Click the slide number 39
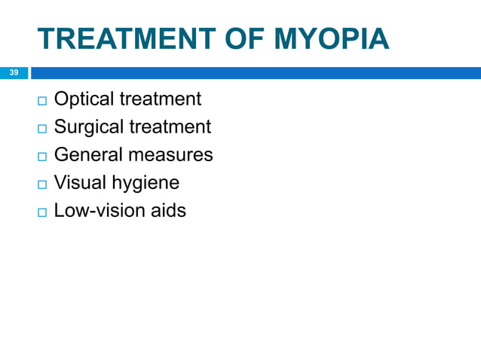tap(14, 73)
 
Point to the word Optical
tap(84, 99)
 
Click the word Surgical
tap(88, 127)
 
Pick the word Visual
tap(79, 182)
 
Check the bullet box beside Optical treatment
tap(40, 100)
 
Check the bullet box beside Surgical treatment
tap(40, 128)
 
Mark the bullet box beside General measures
tap(40, 156)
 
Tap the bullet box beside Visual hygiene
tap(40, 184)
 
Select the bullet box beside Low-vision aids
tap(40, 212)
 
